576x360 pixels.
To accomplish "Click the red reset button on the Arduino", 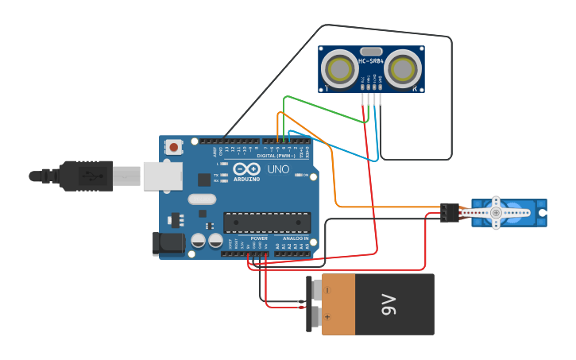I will click(x=173, y=146).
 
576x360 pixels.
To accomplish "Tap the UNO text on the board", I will click(x=278, y=169).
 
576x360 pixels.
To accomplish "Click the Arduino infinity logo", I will click(x=246, y=169).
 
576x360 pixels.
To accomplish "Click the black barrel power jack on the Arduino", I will click(x=168, y=243).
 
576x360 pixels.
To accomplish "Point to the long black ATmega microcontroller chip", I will click(x=267, y=223).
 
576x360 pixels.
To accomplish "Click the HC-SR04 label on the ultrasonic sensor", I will click(x=371, y=61).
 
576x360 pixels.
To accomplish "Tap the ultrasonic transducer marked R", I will click(x=402, y=69).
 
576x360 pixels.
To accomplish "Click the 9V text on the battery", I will click(x=389, y=304).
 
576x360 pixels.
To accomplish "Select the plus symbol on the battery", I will click(x=327, y=317).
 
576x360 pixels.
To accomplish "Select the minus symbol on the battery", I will click(x=327, y=291).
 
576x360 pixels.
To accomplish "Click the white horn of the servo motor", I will click(x=496, y=213).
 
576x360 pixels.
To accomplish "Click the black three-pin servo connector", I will click(x=450, y=212).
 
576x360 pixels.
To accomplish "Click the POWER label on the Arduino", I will click(x=259, y=238).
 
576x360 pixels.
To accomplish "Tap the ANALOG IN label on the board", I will click(x=296, y=238).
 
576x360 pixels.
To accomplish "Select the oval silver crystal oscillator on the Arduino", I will click(x=202, y=199).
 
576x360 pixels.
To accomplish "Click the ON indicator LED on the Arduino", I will click(x=299, y=175).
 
